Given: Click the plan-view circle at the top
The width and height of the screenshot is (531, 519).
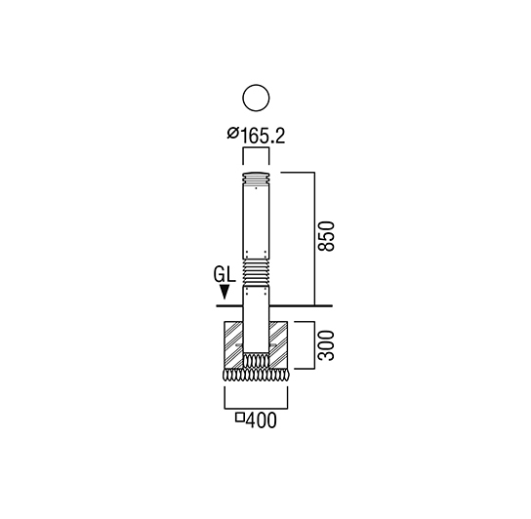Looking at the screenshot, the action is (256, 85).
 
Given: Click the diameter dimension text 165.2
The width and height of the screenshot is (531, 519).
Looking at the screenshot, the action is (263, 137).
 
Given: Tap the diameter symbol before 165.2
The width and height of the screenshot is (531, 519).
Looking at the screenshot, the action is (232, 133).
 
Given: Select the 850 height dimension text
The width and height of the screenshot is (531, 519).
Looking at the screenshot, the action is (326, 236).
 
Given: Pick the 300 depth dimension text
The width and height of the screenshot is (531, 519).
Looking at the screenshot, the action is (326, 345).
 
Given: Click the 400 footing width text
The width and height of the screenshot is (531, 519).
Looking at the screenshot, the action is (261, 420).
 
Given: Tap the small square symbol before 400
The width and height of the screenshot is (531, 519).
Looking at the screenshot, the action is (240, 418).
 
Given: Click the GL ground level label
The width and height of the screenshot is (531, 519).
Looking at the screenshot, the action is (225, 274).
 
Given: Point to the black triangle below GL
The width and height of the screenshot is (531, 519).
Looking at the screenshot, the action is (225, 292).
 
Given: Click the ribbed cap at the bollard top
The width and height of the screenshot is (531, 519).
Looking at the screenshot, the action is (256, 178).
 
